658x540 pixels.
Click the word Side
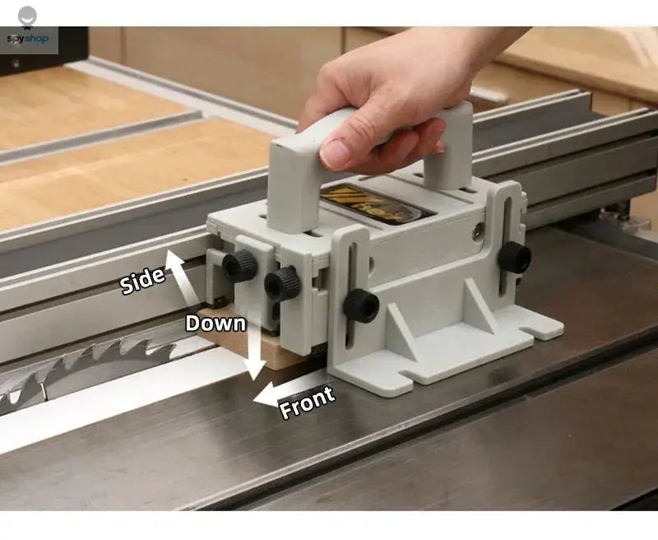click(143, 281)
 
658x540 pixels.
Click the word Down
click(215, 323)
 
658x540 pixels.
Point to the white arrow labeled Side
click(183, 276)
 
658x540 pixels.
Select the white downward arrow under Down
click(256, 354)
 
